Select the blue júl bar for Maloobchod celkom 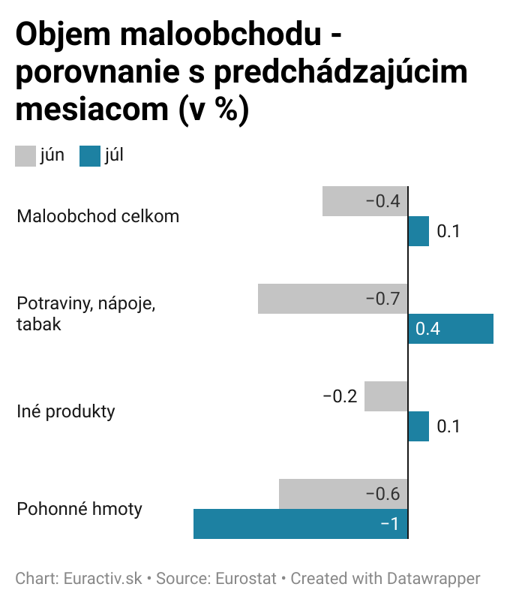[x=418, y=231]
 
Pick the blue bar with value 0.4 [x=451, y=329]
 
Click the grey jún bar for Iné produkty [x=385, y=396]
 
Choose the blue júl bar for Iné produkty [x=418, y=426]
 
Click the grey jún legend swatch [x=25, y=155]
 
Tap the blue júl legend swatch [x=90, y=155]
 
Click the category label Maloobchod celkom [x=97, y=216]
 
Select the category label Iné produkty [x=65, y=411]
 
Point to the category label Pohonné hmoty [x=79, y=509]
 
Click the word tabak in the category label [x=38, y=325]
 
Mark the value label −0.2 [x=340, y=396]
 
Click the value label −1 [x=389, y=524]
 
